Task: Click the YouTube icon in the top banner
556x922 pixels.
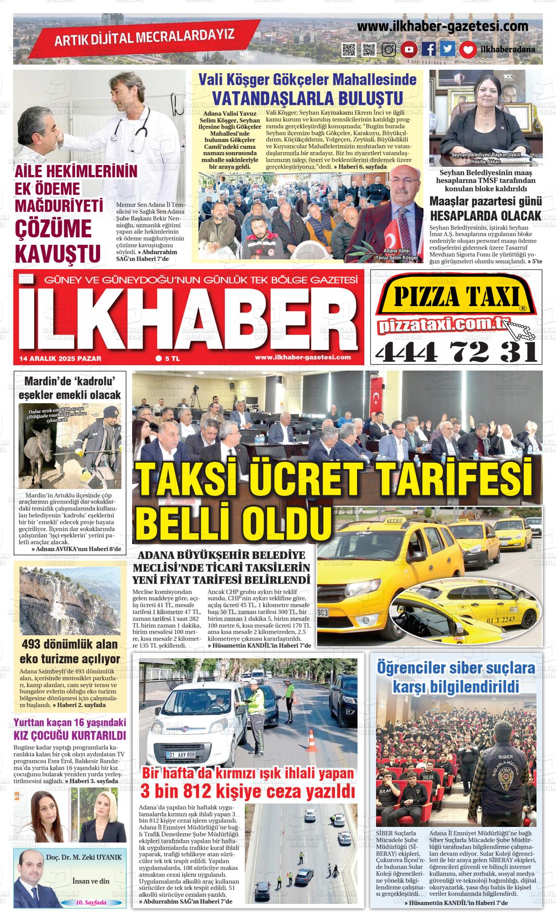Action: click(409, 49)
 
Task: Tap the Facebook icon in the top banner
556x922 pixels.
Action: click(429, 49)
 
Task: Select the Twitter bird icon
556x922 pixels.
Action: click(448, 49)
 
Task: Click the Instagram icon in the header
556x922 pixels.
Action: click(389, 49)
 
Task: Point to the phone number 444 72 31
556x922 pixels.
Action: click(456, 351)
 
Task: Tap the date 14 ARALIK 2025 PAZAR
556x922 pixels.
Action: click(60, 358)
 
